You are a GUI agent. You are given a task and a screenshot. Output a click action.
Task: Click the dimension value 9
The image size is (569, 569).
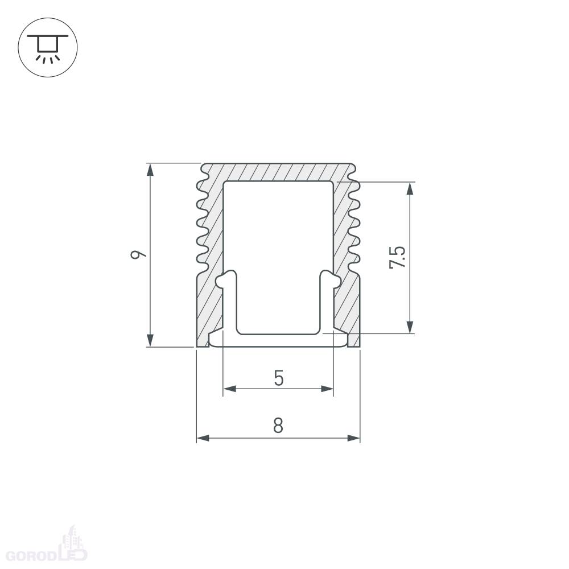pyautogui.click(x=138, y=254)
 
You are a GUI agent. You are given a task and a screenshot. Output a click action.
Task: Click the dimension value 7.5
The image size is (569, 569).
pyautogui.click(x=397, y=257)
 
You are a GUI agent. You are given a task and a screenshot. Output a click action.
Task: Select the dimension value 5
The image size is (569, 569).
pyautogui.click(x=278, y=378)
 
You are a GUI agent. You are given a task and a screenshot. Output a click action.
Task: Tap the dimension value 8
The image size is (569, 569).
pyautogui.click(x=278, y=426)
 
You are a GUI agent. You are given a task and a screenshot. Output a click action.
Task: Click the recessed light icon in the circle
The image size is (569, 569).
pyautogui.click(x=48, y=48)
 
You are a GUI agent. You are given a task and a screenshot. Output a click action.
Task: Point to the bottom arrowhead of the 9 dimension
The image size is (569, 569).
pyautogui.click(x=150, y=340)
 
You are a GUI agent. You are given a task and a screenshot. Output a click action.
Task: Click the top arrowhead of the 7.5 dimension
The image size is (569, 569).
pyautogui.click(x=410, y=189)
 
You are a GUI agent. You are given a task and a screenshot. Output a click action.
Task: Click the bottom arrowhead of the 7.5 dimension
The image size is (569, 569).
pyautogui.click(x=410, y=327)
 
